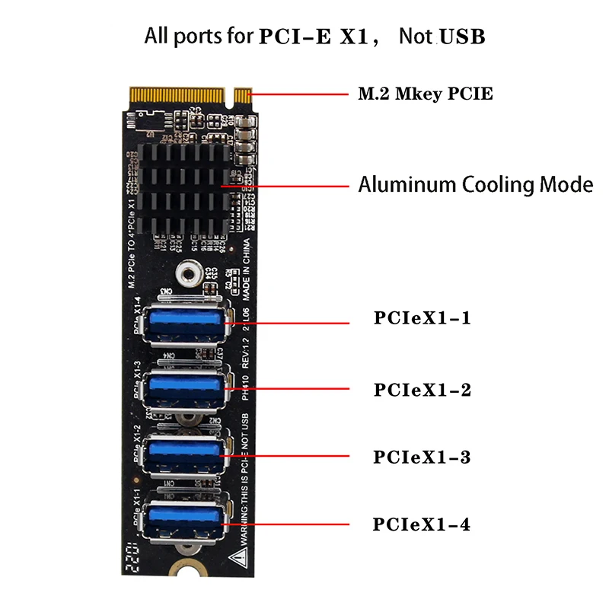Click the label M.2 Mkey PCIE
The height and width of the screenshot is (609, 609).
426,94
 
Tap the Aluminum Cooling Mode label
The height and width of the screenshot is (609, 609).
475,184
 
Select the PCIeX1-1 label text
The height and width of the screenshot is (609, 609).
422,317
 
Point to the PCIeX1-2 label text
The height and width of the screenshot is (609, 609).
422,390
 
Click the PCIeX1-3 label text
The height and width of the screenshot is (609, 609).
422,458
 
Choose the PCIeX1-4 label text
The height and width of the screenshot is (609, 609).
422,525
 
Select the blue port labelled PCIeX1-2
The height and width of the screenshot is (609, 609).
185,389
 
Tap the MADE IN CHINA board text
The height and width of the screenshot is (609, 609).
246,274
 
